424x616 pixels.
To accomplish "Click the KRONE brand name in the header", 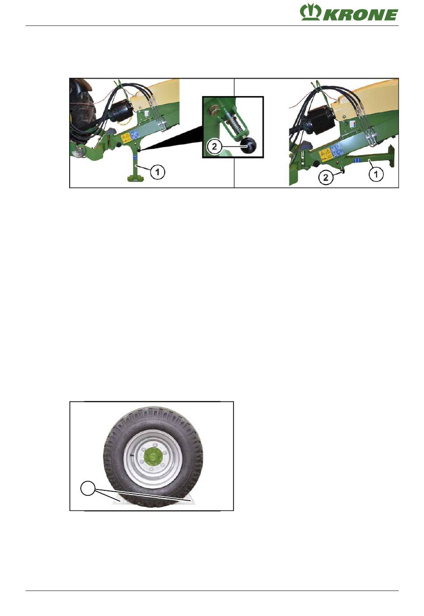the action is coord(360,15).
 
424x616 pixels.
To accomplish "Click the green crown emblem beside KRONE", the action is coord(310,12).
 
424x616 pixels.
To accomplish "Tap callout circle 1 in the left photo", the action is coord(157,172).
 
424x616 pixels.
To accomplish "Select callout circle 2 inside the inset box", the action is coord(214,146).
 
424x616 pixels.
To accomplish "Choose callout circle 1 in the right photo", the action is coord(376,174).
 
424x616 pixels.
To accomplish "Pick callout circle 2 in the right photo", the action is coord(325,178).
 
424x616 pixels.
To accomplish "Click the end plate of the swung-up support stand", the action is coord(392,156).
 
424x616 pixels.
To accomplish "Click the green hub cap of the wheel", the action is coord(153,457).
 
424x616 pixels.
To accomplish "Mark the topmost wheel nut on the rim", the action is coord(155,445).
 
